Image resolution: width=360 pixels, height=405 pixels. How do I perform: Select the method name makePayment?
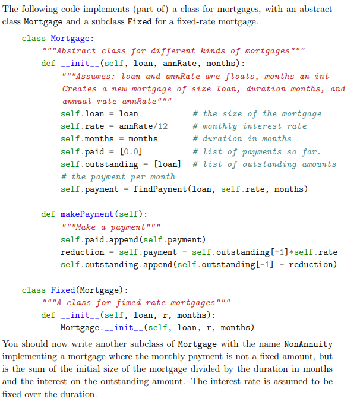point(86,214)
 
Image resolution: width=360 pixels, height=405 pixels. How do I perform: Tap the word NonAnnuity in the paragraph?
point(308,344)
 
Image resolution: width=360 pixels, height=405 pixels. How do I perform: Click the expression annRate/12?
point(143,126)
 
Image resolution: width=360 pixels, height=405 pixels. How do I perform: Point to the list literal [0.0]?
point(130,151)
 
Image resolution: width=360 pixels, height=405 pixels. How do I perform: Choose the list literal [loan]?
point(168,164)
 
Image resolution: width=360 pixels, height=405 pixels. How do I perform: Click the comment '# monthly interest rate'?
point(250,126)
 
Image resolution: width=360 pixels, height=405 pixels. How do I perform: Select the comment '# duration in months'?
point(243,139)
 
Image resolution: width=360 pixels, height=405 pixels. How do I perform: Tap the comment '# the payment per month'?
point(118,177)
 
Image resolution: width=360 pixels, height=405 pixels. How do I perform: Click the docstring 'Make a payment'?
point(110,227)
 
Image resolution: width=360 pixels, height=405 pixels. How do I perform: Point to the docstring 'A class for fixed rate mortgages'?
point(136,303)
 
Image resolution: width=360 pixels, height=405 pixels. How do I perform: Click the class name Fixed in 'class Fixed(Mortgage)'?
point(62,290)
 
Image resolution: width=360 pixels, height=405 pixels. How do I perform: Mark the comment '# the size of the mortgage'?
point(257,114)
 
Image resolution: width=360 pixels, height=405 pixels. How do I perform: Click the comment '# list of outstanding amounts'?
point(264,164)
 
